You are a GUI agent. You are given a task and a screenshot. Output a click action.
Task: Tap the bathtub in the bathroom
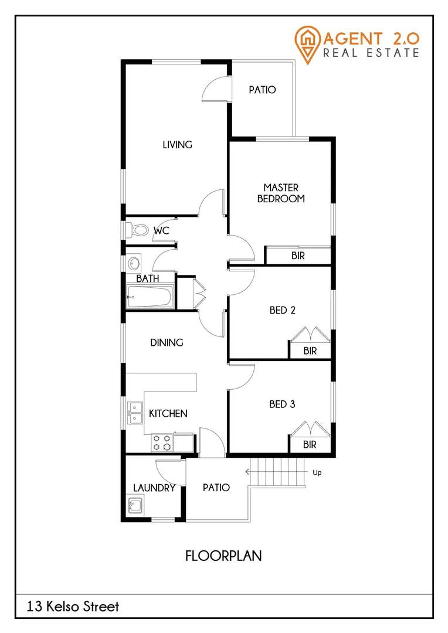coord(149,297)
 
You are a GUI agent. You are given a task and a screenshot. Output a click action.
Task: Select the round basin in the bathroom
coord(134,263)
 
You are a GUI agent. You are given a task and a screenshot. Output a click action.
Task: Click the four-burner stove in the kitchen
coord(162,443)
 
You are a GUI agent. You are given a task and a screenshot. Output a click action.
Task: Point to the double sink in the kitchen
coord(135,413)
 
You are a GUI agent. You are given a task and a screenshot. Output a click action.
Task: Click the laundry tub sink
coord(135,505)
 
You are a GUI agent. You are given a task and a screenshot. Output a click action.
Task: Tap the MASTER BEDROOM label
coord(281,193)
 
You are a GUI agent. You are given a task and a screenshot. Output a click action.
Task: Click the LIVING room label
coord(177,144)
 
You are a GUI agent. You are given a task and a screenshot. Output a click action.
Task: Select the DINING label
coord(167,342)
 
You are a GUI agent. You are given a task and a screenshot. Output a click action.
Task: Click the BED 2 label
coord(282,310)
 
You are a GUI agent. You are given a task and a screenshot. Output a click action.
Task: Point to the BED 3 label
coord(282,404)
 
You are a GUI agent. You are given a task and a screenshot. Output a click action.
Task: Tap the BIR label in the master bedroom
coord(298,256)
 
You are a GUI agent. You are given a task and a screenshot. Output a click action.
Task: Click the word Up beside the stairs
coord(317,472)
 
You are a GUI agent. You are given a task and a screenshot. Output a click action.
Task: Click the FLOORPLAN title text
coord(223,556)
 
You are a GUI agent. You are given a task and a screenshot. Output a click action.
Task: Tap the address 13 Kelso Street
coord(73,607)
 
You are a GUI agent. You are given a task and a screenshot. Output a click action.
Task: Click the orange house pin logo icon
coord(307,43)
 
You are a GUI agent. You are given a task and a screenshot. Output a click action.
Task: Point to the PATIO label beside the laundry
coord(216,488)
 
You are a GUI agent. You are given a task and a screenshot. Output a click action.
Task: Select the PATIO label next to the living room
coord(262,90)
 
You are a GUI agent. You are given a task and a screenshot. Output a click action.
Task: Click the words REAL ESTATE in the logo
coord(371,53)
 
